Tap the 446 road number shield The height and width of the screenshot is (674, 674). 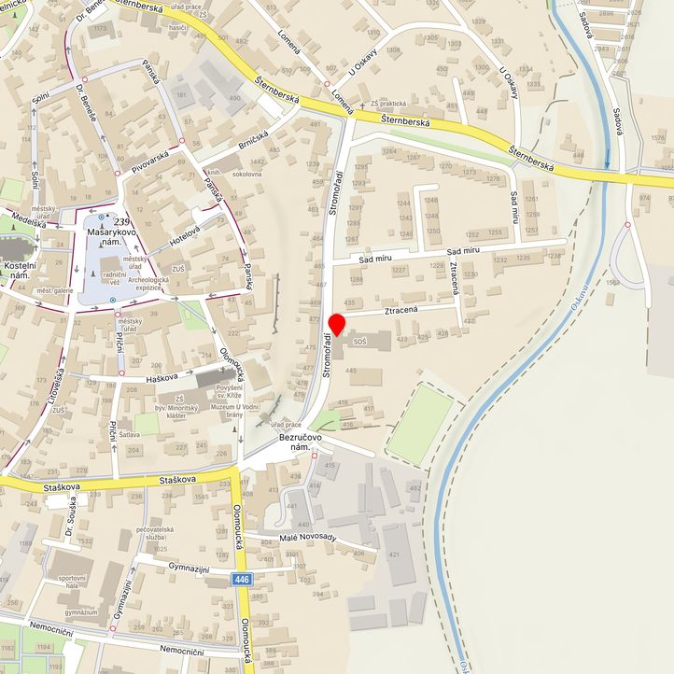pos(243,581)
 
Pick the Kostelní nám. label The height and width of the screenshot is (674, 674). pos(20,273)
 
